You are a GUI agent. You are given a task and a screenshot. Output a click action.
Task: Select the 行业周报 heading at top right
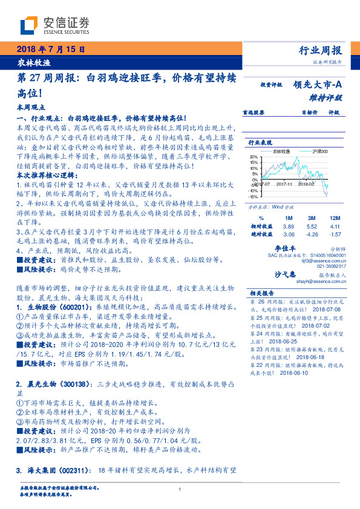tap(321, 50)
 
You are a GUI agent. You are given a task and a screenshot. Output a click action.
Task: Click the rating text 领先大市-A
tap(319, 85)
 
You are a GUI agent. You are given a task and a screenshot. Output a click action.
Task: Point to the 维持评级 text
tap(326, 97)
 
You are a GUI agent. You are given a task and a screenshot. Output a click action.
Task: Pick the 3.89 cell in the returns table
tap(289, 225)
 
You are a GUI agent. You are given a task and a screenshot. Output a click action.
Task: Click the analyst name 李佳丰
tap(284, 248)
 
